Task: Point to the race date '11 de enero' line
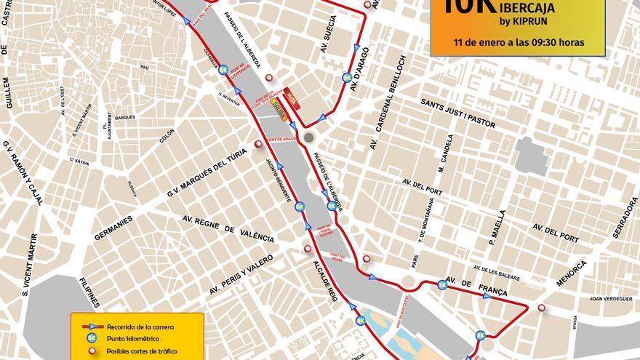(x=518, y=41)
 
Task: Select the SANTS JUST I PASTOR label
(x=458, y=113)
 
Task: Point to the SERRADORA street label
(x=625, y=229)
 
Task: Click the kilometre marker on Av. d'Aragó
(x=347, y=77)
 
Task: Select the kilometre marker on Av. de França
(x=441, y=284)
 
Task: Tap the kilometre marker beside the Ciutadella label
(x=224, y=68)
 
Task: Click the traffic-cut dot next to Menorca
(x=542, y=308)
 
